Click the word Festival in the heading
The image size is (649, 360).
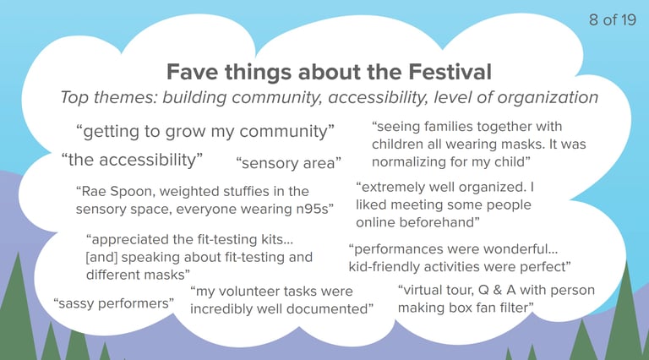450,72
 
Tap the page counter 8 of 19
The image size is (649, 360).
612,19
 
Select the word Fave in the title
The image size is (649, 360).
192,72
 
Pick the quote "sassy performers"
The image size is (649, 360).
114,303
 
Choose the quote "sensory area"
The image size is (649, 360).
288,163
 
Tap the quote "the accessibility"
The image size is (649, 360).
132,160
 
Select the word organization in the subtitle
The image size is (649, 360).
548,98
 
